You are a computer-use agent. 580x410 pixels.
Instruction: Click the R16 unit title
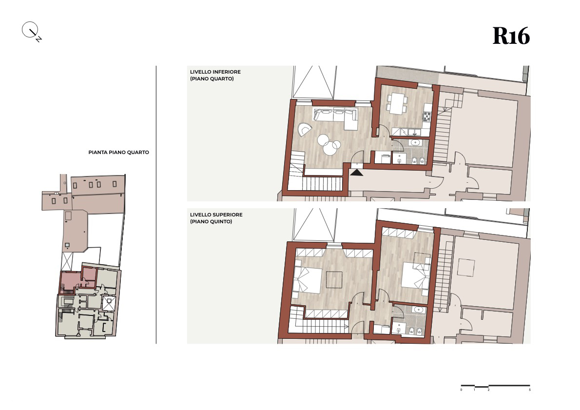click(x=511, y=36)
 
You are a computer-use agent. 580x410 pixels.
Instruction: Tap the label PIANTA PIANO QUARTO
click(x=119, y=153)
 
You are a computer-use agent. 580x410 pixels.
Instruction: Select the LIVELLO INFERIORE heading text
click(x=215, y=72)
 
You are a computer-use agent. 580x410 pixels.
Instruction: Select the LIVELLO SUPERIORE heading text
click(x=216, y=215)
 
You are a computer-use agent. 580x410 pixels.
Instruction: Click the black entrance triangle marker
click(x=357, y=172)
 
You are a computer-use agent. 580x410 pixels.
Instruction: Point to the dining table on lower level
click(x=397, y=103)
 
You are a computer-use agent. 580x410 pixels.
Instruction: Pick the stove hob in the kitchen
click(x=427, y=117)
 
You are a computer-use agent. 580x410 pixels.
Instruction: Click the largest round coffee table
click(x=330, y=149)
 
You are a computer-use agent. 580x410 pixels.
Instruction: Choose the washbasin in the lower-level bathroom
click(x=415, y=142)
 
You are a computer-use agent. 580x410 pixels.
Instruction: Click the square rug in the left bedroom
click(x=334, y=279)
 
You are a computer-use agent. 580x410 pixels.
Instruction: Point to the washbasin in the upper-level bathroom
click(x=418, y=310)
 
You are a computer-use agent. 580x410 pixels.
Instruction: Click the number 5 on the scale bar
click(x=530, y=390)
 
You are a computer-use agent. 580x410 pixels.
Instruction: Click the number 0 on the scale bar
click(x=461, y=390)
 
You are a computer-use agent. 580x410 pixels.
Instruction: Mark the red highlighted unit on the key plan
click(x=78, y=280)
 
